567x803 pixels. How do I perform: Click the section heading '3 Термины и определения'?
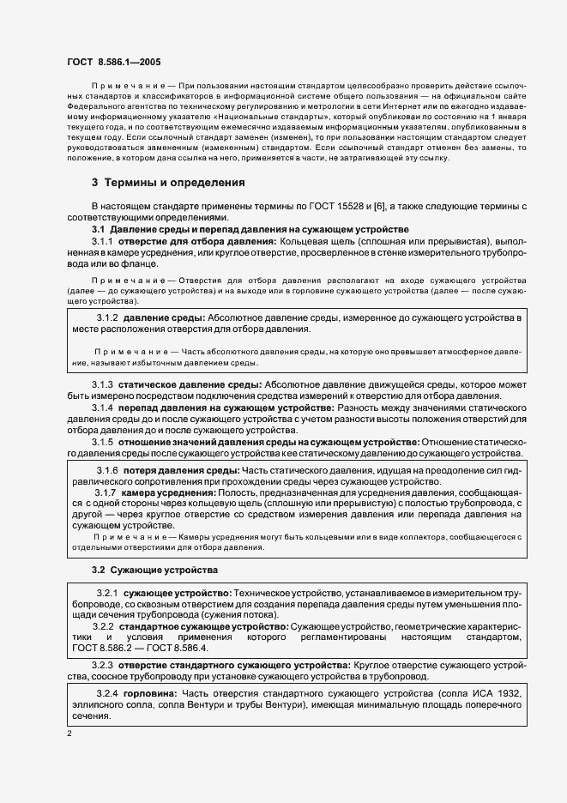click(x=168, y=183)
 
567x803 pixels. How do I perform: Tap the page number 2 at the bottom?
click(x=69, y=734)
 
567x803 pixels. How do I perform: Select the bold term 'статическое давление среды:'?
click(x=190, y=384)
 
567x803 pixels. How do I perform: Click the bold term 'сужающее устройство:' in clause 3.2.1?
click(x=176, y=594)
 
